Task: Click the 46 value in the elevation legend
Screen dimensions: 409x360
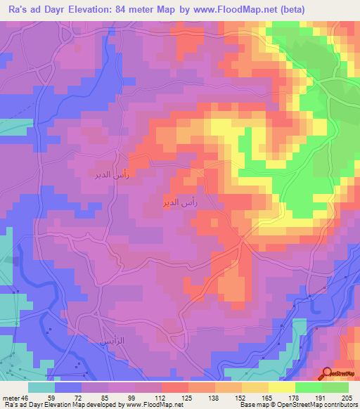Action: pos(26,398)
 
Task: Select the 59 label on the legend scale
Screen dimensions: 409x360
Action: pos(51,398)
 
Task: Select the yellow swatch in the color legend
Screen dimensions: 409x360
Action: pos(281,387)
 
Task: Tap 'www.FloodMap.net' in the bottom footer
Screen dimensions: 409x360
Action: pos(150,405)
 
